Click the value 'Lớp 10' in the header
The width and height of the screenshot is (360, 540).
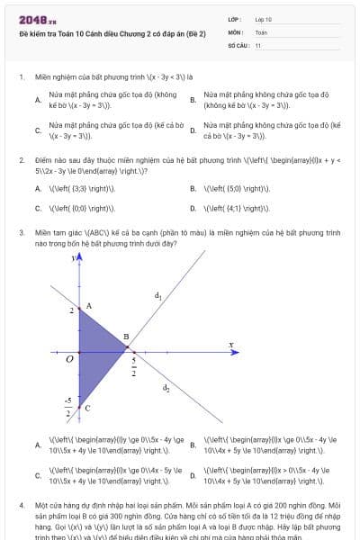tap(264, 19)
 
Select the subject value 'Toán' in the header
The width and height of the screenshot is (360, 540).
tap(261, 31)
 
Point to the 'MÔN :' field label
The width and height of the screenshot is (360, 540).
tap(237, 31)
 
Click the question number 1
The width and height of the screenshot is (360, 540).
tap(21, 77)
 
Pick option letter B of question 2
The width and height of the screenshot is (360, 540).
tap(193, 189)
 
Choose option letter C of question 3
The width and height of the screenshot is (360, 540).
tap(38, 474)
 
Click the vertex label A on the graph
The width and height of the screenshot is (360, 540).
tap(87, 307)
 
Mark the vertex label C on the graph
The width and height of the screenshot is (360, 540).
tap(87, 408)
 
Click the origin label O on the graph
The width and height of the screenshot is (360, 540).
tap(69, 358)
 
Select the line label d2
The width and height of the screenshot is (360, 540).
tap(166, 388)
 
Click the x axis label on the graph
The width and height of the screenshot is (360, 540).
tap(231, 344)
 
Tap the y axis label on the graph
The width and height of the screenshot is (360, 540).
tap(71, 257)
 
